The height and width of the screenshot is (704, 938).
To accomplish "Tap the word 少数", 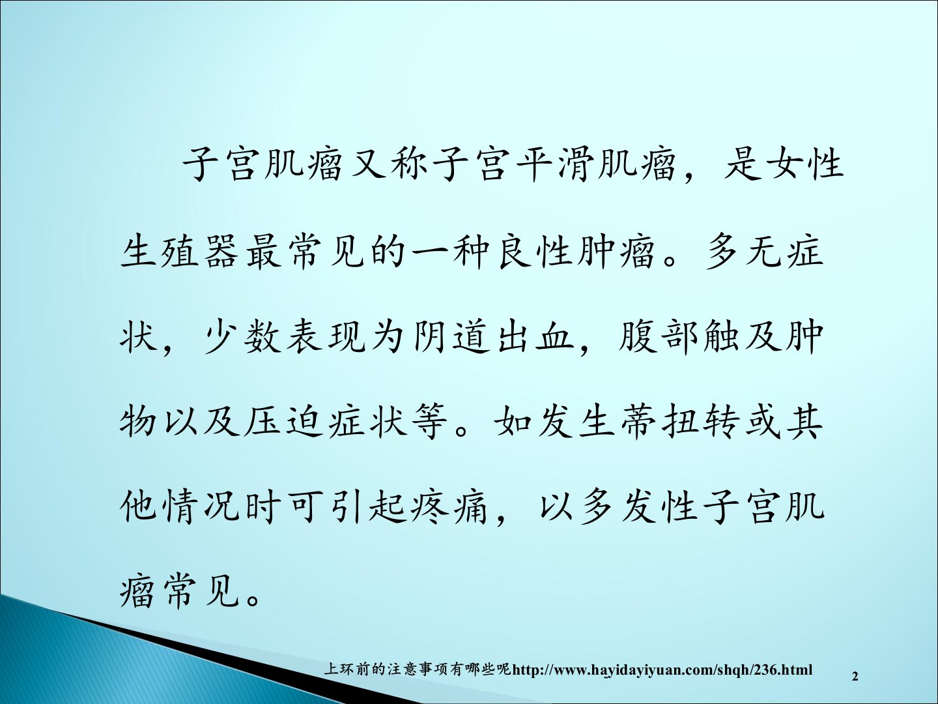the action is tap(242, 337).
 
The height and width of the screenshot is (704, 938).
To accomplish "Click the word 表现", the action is tap(326, 337).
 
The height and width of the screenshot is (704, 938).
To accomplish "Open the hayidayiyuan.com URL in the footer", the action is tap(662, 670).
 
